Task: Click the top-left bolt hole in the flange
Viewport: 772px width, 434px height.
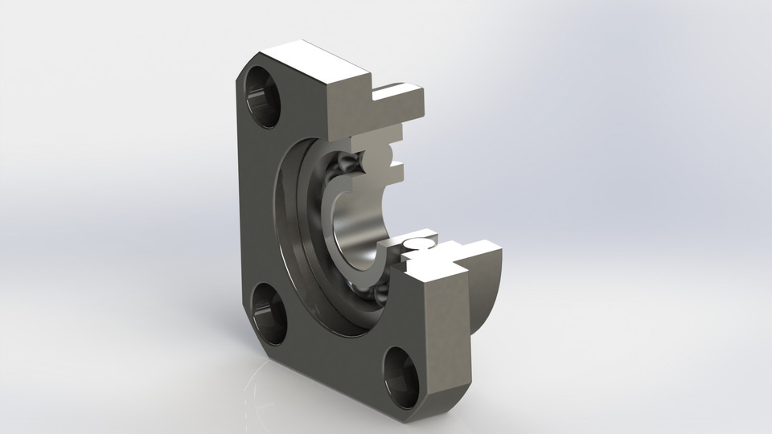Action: pos(263,96)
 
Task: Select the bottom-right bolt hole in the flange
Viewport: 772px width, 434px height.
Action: pos(402,372)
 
